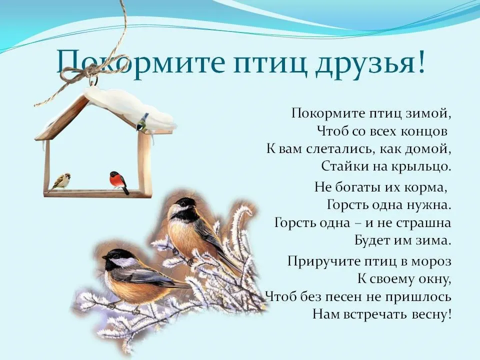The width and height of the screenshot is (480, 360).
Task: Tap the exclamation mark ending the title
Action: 421,61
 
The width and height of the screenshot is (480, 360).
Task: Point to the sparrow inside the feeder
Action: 62,181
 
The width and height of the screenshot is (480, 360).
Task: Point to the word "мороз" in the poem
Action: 431,262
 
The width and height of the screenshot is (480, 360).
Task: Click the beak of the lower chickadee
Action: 104,257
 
